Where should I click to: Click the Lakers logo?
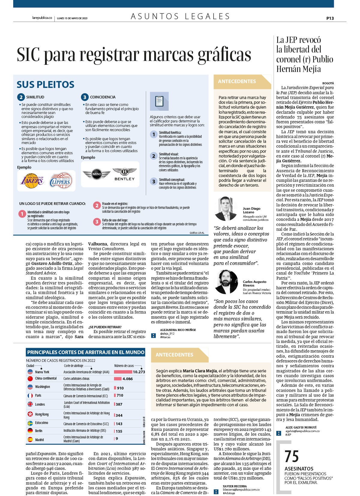tap(32, 181)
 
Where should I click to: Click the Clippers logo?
tap(61, 181)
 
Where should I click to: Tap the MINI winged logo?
tap(97, 174)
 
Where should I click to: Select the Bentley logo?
tap(124, 174)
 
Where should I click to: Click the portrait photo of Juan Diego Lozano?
tap(226, 209)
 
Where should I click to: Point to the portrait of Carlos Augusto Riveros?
tap(226, 282)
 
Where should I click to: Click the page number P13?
tap(330, 18)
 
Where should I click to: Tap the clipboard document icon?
tap(159, 101)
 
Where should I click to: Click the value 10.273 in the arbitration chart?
tap(139, 372)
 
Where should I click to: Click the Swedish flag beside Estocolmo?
tap(30, 423)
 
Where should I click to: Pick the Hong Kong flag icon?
tap(30, 414)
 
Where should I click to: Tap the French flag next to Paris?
tap(30, 395)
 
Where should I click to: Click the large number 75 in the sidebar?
tap(292, 456)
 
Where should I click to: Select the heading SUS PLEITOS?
tap(45, 85)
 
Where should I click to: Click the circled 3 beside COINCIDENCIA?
tap(85, 97)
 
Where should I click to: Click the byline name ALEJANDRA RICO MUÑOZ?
tap(178, 330)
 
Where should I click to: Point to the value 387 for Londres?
tap(119, 404)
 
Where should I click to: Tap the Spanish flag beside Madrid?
tap(30, 439)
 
